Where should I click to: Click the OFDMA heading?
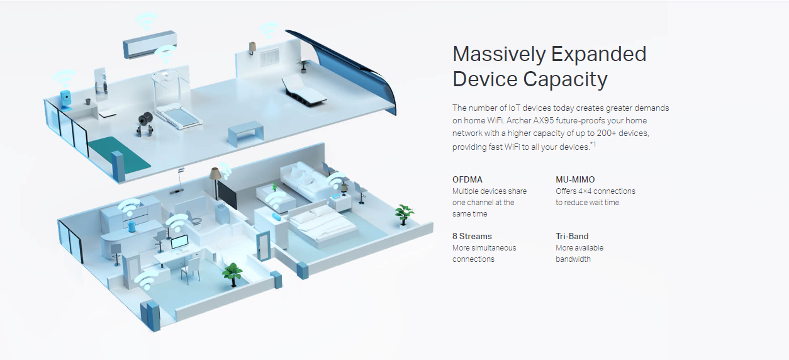click(467, 180)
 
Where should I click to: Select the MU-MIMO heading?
click(575, 180)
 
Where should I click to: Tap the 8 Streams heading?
click(472, 237)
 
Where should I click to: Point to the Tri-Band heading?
click(572, 237)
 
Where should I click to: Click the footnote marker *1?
click(593, 145)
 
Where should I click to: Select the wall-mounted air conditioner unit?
click(149, 45)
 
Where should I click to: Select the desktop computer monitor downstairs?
click(180, 243)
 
